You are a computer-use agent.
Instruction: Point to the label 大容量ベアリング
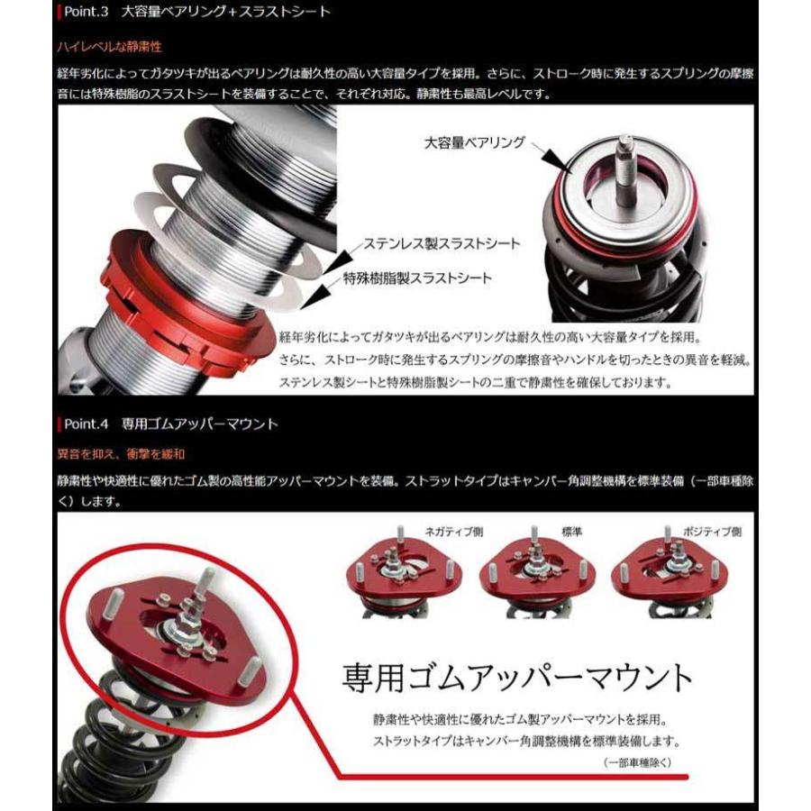(x=475, y=142)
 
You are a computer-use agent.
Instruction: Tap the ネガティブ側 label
(x=453, y=532)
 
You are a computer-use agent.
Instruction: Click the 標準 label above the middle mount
(x=570, y=532)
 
